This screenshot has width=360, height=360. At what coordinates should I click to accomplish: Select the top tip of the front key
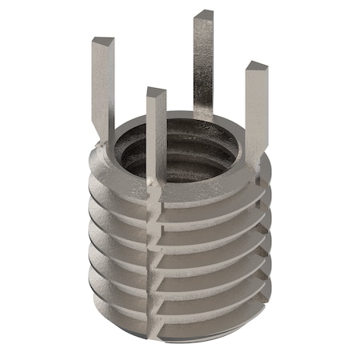(x=156, y=92)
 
